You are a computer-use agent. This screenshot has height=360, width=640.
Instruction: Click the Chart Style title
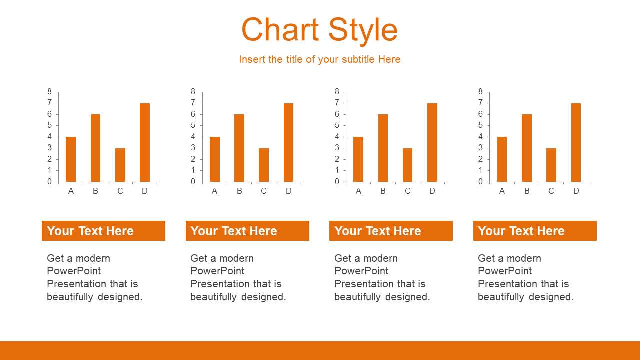click(319, 30)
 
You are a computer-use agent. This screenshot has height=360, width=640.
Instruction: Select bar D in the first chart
click(145, 142)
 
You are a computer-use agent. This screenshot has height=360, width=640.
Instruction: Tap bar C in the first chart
click(120, 165)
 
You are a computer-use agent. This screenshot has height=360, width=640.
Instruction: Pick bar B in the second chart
click(239, 148)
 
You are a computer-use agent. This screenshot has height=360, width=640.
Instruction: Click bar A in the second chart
click(215, 159)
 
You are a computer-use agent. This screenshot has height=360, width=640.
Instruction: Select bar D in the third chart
click(432, 142)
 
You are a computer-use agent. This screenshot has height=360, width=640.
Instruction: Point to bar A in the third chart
click(358, 159)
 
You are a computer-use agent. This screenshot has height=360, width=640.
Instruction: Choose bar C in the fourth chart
click(551, 165)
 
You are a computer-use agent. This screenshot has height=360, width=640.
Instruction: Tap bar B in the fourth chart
click(527, 148)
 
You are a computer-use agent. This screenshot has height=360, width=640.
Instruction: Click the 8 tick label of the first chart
click(49, 91)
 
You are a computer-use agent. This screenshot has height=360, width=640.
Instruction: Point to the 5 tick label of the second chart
click(193, 125)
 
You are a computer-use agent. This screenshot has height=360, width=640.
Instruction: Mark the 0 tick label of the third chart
click(337, 181)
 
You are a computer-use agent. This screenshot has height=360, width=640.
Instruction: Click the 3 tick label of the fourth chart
click(481, 148)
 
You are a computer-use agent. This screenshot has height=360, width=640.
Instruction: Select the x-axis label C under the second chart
click(264, 191)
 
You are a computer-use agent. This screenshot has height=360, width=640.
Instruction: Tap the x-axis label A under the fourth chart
click(502, 191)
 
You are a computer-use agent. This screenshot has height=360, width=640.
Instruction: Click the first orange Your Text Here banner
click(103, 231)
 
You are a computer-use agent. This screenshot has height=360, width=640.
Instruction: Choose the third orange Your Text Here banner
click(391, 231)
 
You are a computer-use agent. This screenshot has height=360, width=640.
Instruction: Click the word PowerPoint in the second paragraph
click(217, 271)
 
